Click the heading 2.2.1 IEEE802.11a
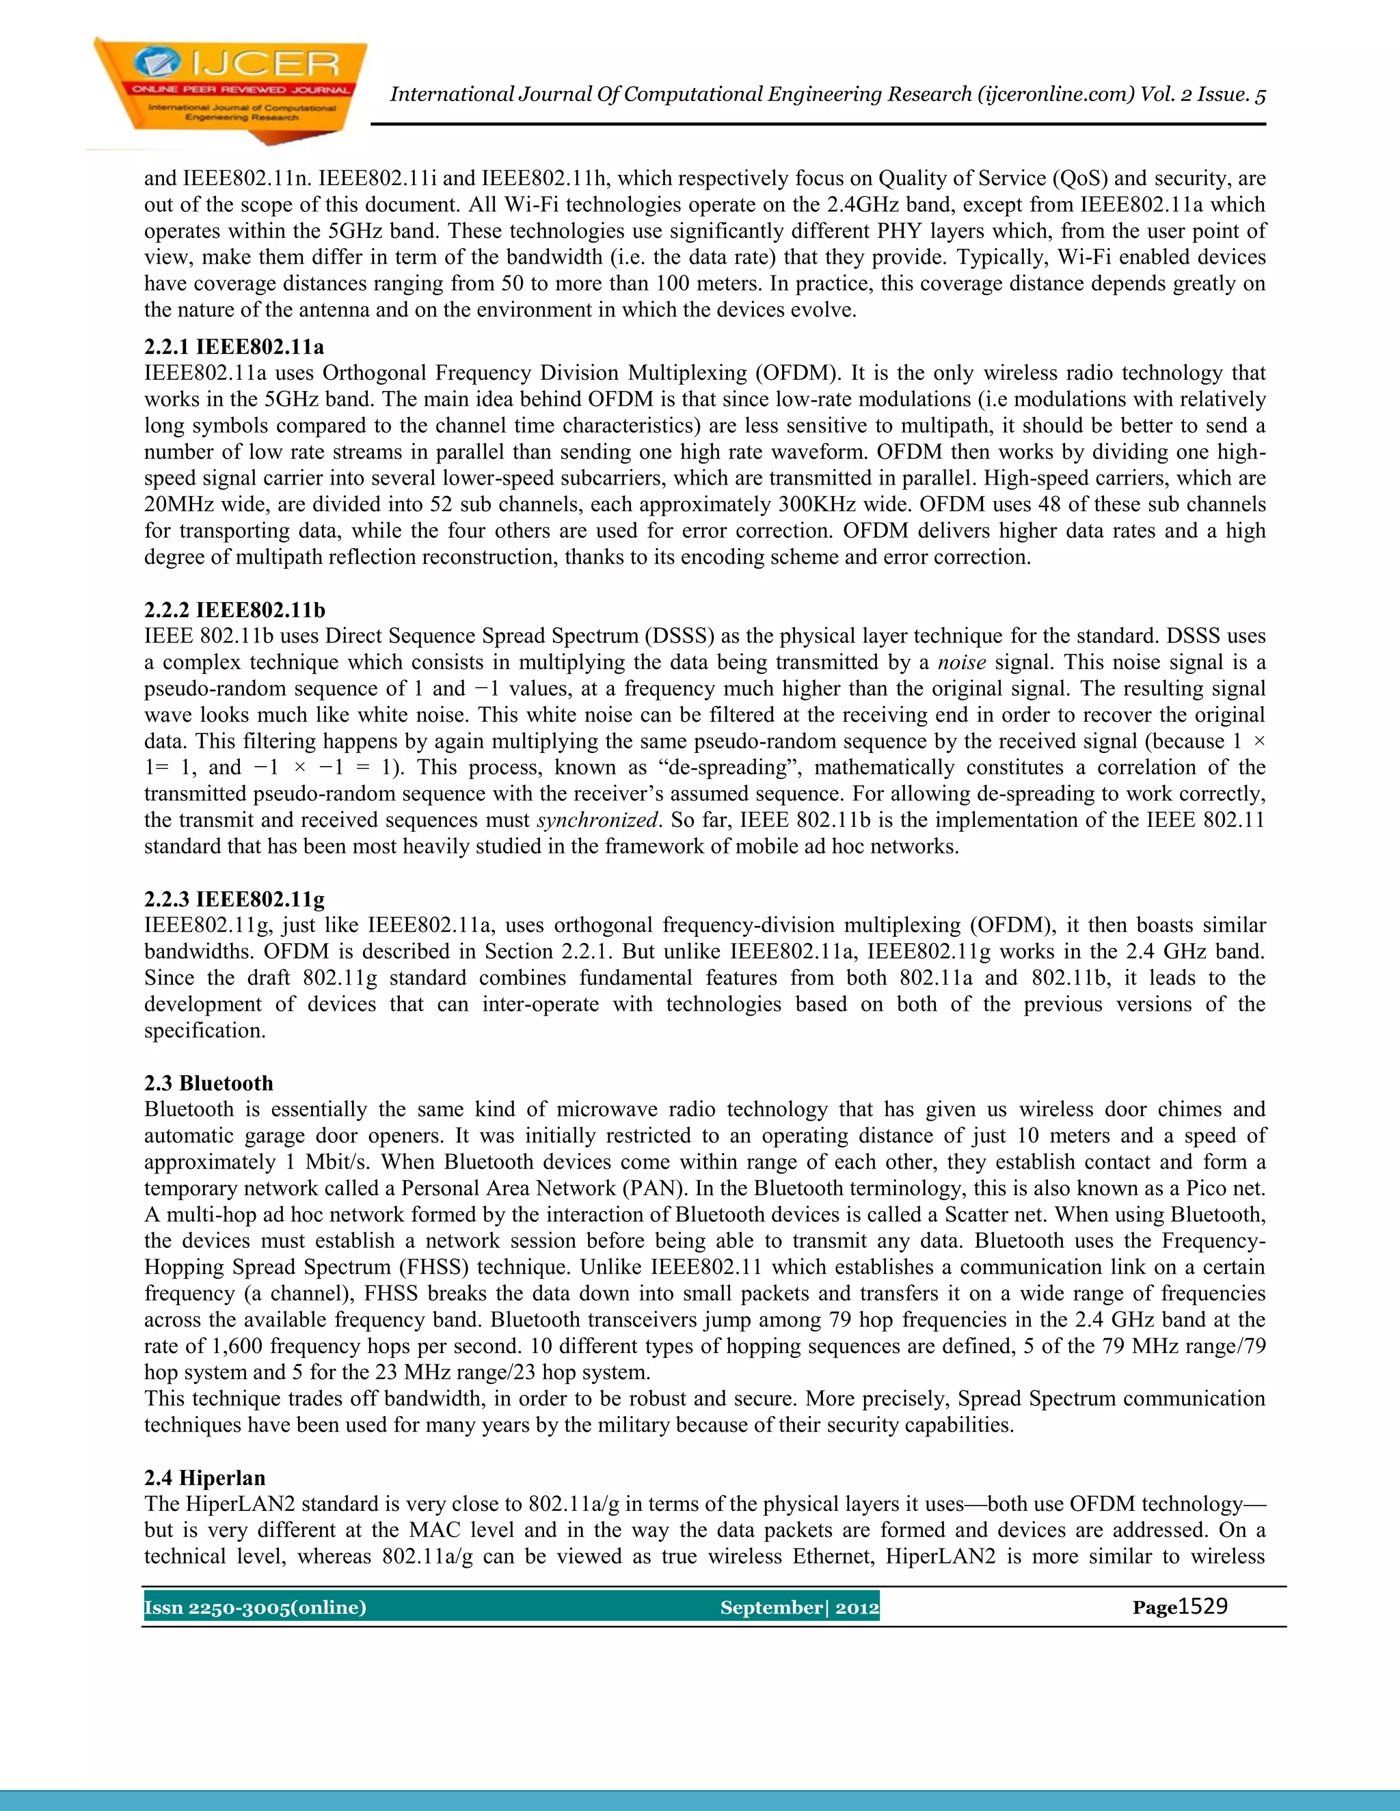[x=234, y=346]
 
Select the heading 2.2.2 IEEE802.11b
[x=234, y=610]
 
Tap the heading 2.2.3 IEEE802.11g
[x=234, y=899]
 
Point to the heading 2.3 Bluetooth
[x=208, y=1083]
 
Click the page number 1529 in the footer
[x=1202, y=1607]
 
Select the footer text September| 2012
[x=798, y=1608]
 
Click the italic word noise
[x=961, y=662]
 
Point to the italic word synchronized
[x=597, y=820]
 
